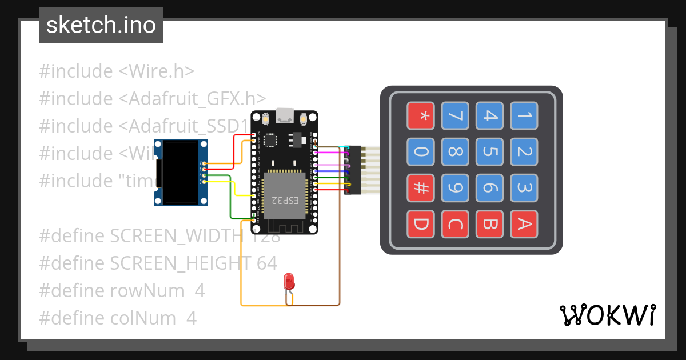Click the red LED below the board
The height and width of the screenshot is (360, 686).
(289, 281)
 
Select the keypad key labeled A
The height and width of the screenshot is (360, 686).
(524, 225)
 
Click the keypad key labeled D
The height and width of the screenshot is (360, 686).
(420, 225)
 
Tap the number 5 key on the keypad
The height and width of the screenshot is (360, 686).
(489, 152)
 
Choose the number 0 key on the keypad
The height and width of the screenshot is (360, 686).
(420, 152)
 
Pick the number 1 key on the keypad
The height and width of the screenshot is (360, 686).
(524, 116)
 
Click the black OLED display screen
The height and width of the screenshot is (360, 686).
(180, 172)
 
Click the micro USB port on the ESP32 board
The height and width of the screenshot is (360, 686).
(284, 116)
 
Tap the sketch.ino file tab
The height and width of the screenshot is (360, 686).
(101, 25)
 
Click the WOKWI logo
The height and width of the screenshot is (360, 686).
(607, 315)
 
